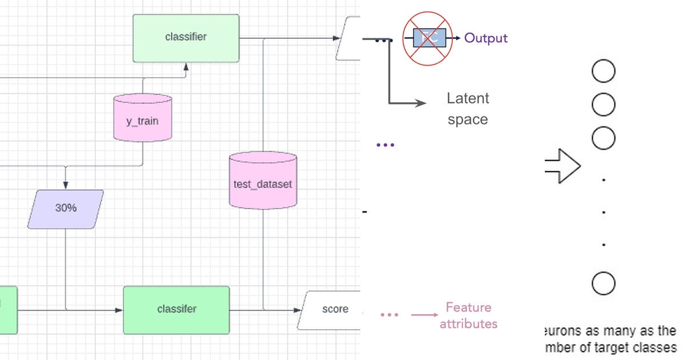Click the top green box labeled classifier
[x=186, y=38]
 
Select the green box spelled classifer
[x=176, y=309]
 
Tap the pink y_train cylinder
[x=142, y=118]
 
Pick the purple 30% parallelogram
[x=66, y=209]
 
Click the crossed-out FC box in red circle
[x=429, y=38]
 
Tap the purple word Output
[x=485, y=38]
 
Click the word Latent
[x=468, y=98]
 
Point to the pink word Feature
[x=468, y=307]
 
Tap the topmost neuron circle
[x=603, y=72]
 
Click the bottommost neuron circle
[x=603, y=283]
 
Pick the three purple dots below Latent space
[x=385, y=145]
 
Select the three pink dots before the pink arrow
[x=389, y=315]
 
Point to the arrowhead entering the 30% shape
[x=66, y=186]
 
